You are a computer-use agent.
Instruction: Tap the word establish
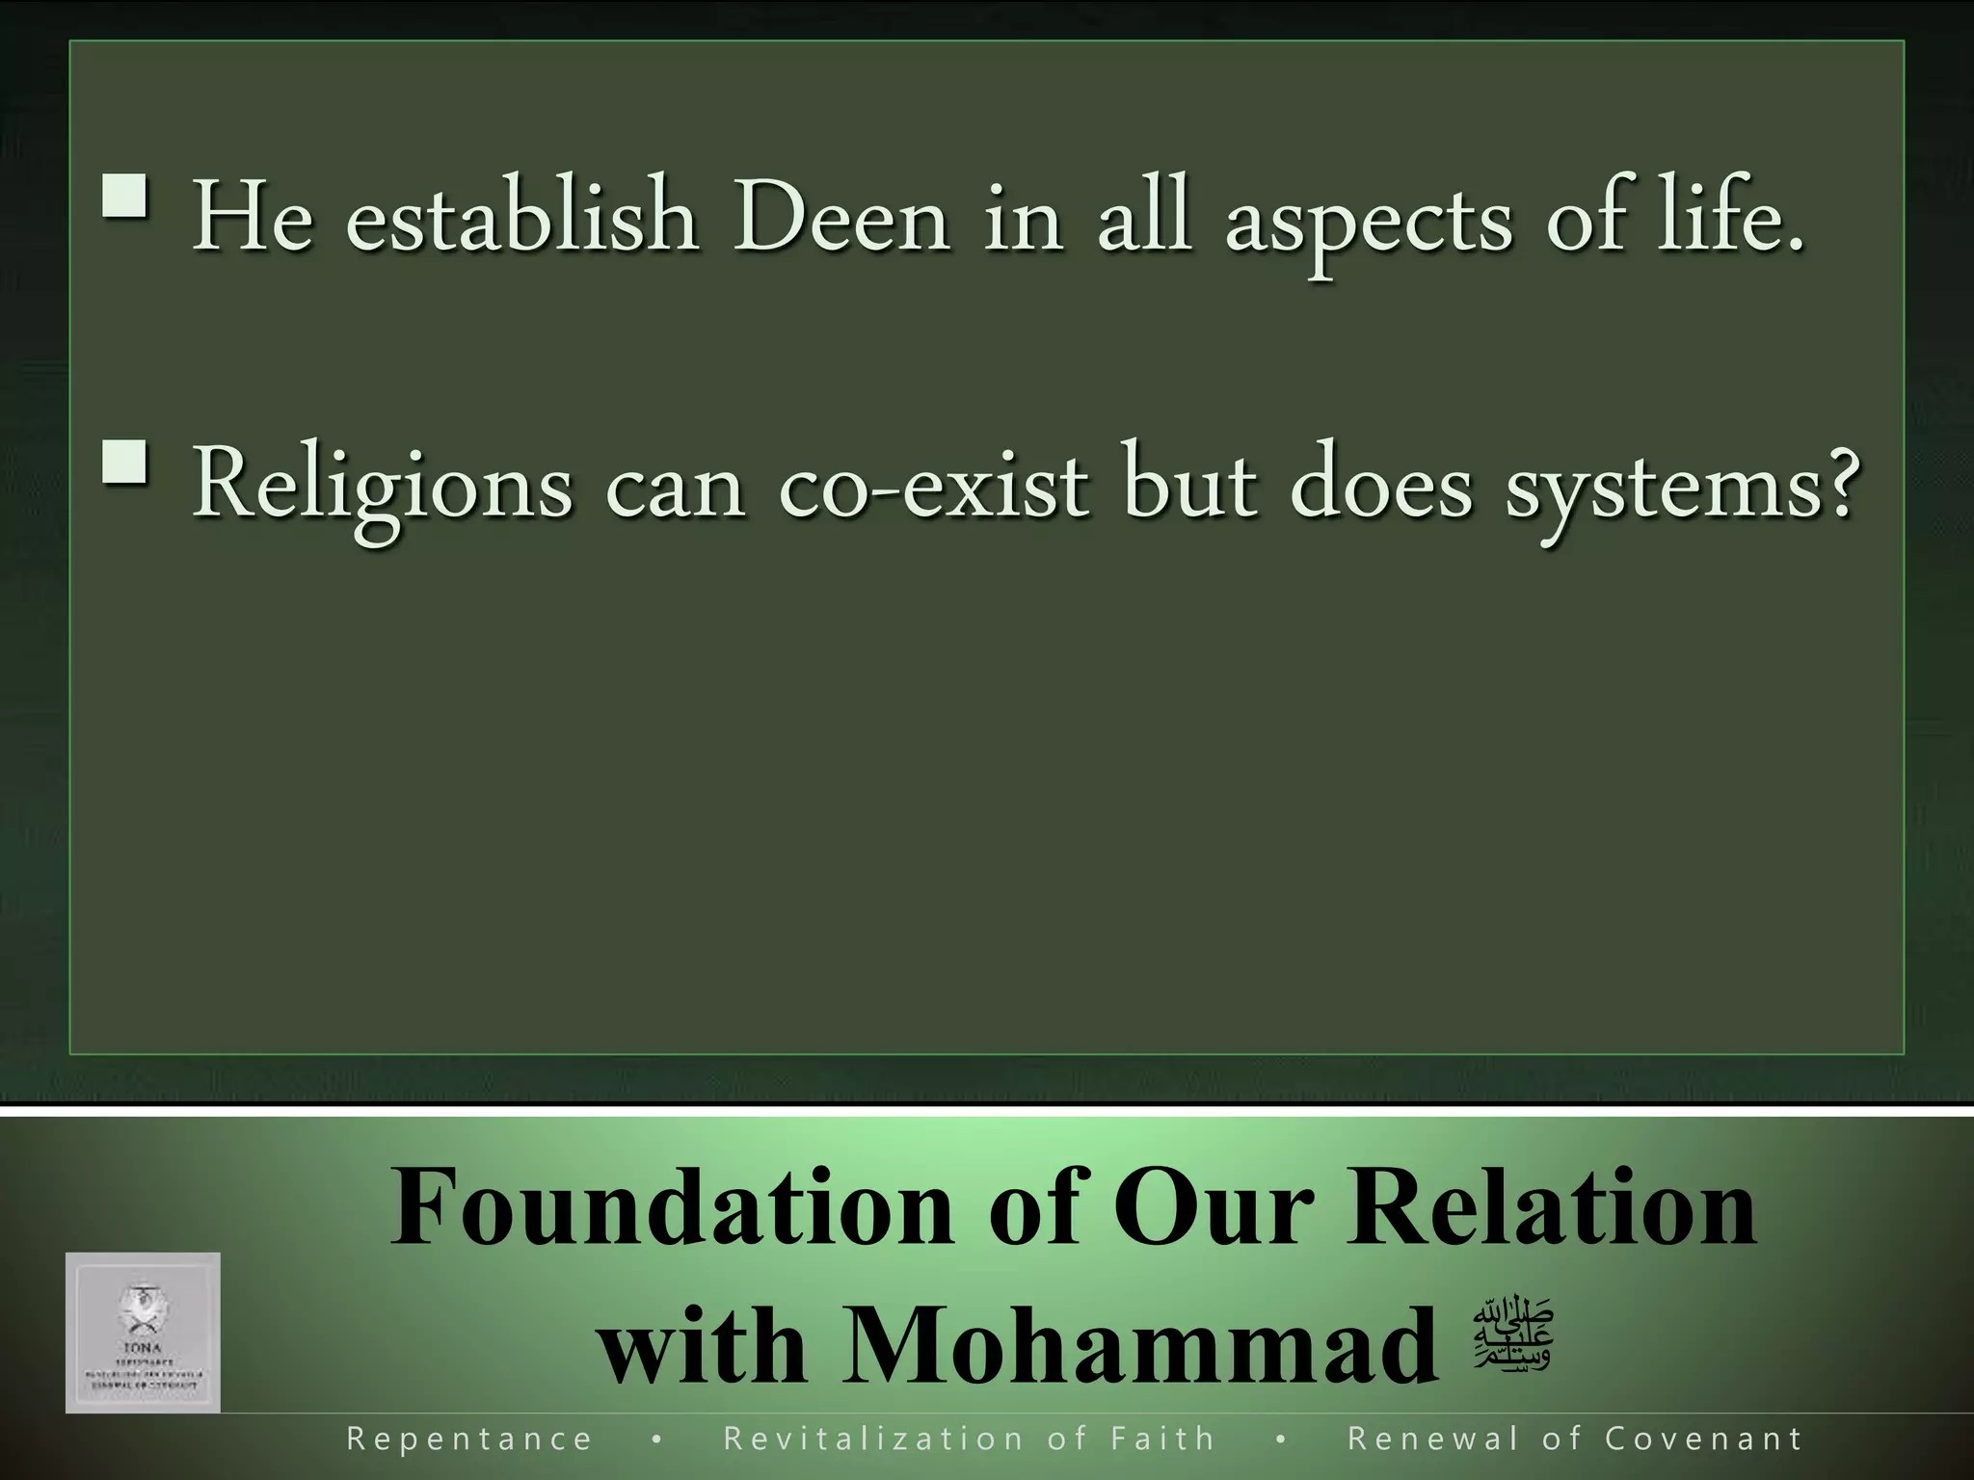[x=521, y=218]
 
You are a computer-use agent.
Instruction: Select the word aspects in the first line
[x=1368, y=222]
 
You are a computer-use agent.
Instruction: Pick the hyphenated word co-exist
[x=934, y=487]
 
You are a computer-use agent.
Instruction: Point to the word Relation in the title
[x=1551, y=1208]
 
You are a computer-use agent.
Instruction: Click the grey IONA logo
[x=143, y=1333]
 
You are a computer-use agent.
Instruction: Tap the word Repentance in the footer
[x=469, y=1440]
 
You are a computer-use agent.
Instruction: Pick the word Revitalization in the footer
[x=873, y=1440]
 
